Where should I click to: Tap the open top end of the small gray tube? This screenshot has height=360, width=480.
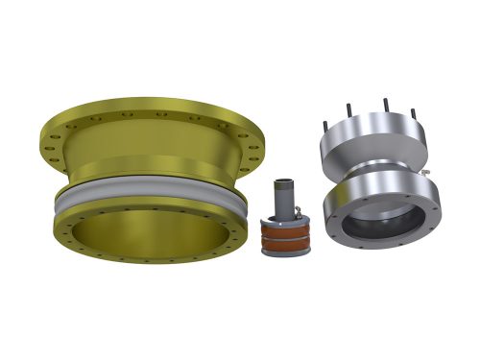coord(284,181)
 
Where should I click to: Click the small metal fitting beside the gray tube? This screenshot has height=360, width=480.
coord(302,216)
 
